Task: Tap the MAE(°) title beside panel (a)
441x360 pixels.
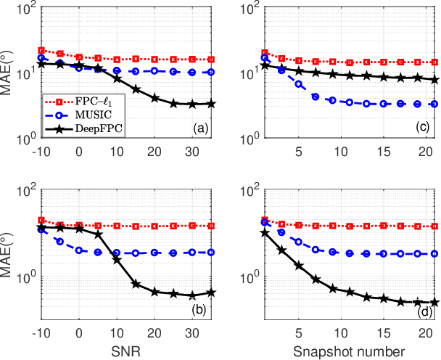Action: coord(9,73)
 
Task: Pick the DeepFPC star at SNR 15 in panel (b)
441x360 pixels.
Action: coord(136,284)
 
